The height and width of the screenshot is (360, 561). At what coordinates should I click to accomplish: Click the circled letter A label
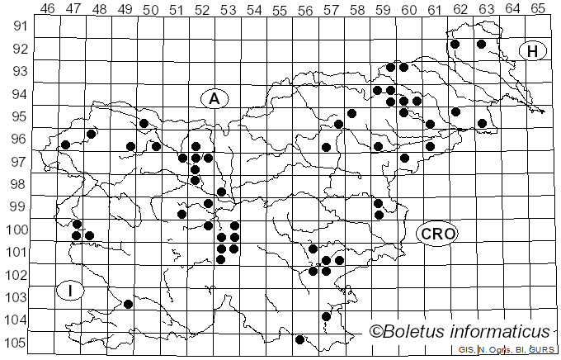pyautogui.click(x=214, y=98)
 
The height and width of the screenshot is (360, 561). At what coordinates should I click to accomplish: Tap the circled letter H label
pyautogui.click(x=533, y=51)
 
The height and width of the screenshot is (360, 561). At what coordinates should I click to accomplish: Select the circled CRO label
pyautogui.click(x=436, y=234)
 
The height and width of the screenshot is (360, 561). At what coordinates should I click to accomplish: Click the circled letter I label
pyautogui.click(x=71, y=291)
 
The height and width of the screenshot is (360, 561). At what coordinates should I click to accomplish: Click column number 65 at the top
pyautogui.click(x=538, y=8)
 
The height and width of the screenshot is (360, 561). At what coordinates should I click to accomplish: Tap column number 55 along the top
pyautogui.click(x=280, y=8)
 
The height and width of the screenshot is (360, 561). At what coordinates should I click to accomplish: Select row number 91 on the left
pyautogui.click(x=17, y=26)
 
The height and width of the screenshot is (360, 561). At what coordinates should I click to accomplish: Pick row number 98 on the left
pyautogui.click(x=17, y=185)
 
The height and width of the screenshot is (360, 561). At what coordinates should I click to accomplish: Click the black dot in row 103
pyautogui.click(x=128, y=304)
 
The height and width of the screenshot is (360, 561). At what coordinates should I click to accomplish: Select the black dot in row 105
pyautogui.click(x=299, y=339)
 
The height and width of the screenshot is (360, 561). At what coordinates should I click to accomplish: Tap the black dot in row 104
pyautogui.click(x=326, y=316)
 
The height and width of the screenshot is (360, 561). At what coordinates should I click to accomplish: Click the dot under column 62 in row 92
pyautogui.click(x=455, y=44)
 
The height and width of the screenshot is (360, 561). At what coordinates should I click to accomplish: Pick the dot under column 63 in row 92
pyautogui.click(x=481, y=44)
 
